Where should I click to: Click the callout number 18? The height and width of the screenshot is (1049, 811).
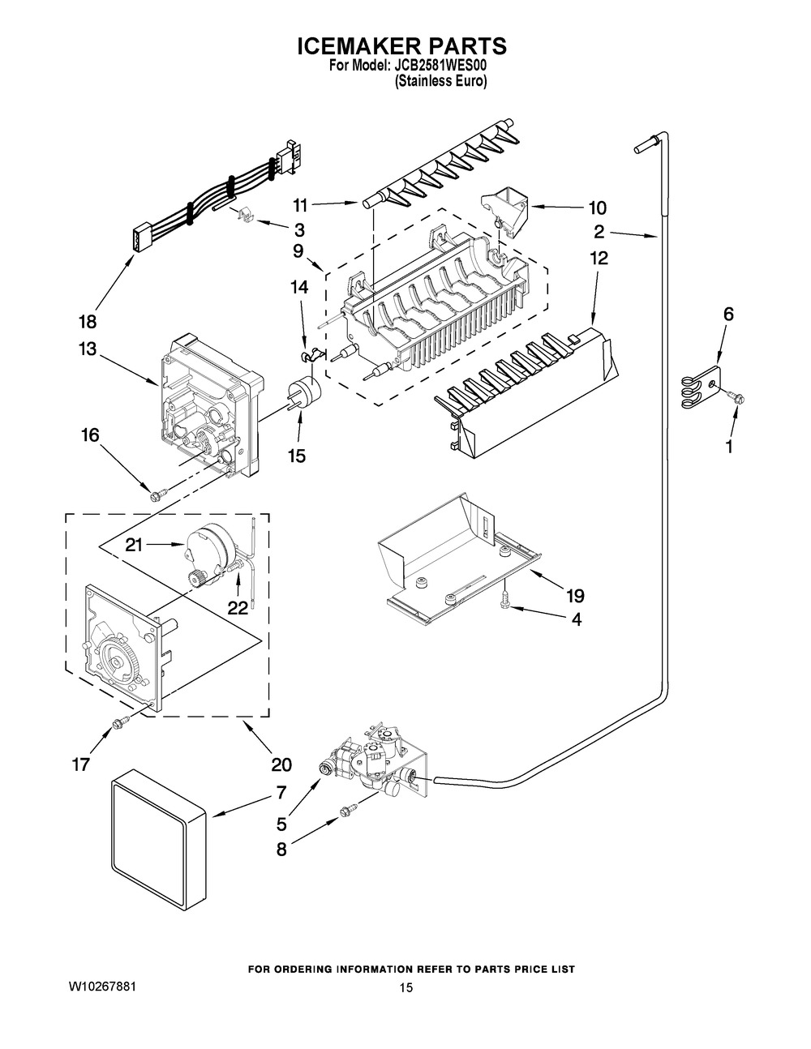click(88, 322)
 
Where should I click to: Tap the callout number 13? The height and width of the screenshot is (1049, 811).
click(88, 349)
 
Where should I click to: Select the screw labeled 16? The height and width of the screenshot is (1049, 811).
click(159, 495)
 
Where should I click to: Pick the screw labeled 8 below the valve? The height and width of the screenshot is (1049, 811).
click(349, 811)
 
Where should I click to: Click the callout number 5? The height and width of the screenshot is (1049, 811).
click(282, 824)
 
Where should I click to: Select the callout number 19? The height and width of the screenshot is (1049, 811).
click(575, 596)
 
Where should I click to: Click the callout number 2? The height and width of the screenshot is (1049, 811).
click(599, 232)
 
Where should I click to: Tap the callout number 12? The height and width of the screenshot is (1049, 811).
click(599, 259)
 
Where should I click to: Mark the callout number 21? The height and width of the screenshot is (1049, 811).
click(134, 545)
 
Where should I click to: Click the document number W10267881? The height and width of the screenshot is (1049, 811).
click(103, 987)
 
